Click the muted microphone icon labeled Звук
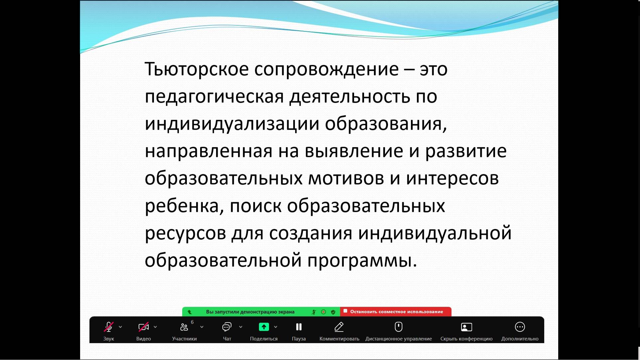click(108, 327)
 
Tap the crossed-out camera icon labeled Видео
click(143, 327)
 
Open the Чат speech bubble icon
click(227, 327)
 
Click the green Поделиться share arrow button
click(264, 327)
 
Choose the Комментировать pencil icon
click(339, 327)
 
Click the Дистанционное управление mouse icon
click(398, 327)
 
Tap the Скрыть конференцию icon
click(466, 327)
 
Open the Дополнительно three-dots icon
click(520, 327)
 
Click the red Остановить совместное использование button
click(396, 312)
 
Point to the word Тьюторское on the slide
click(196, 69)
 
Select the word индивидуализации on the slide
click(232, 124)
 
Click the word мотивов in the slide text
click(346, 178)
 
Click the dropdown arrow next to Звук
click(120, 327)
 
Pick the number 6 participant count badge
click(192, 322)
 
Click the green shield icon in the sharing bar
click(333, 312)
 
